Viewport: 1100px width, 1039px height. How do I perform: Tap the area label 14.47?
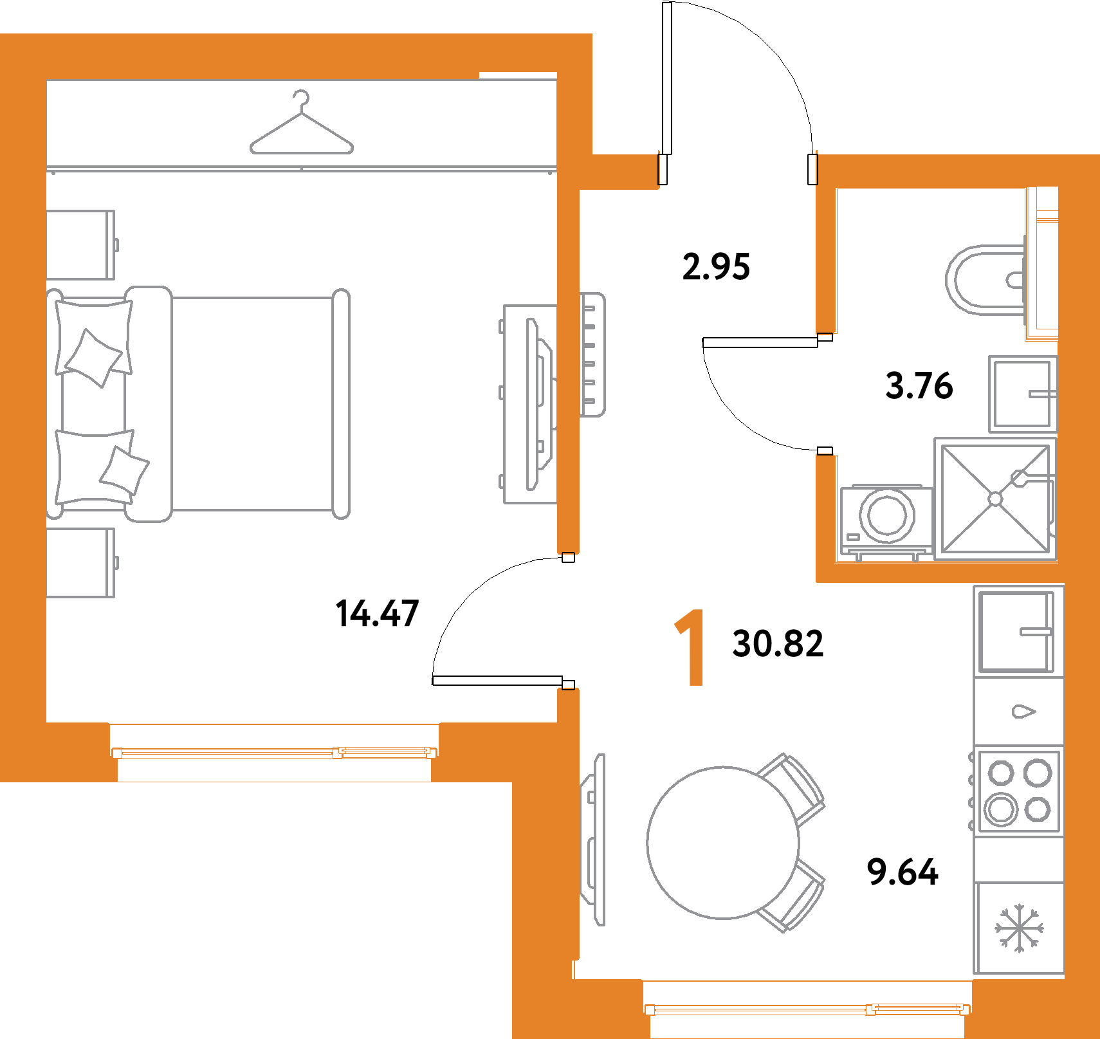(377, 613)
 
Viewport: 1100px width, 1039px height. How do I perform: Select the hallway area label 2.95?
(716, 266)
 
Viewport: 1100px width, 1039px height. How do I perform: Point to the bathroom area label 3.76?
(919, 386)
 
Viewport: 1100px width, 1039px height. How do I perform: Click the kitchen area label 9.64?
(903, 872)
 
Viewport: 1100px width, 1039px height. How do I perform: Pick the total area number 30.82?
(778, 643)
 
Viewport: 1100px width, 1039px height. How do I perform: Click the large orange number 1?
(690, 648)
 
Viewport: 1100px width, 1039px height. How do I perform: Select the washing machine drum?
(887, 515)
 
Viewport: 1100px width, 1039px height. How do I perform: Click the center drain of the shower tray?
(995, 499)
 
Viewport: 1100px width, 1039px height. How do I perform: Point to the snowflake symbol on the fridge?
(1019, 928)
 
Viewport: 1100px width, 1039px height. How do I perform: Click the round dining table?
(723, 842)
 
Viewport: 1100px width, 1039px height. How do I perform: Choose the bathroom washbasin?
(1022, 394)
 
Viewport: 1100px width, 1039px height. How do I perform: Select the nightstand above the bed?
(80, 245)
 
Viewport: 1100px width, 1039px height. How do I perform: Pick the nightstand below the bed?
(80, 563)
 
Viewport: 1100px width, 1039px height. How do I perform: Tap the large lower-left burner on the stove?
(1001, 809)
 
